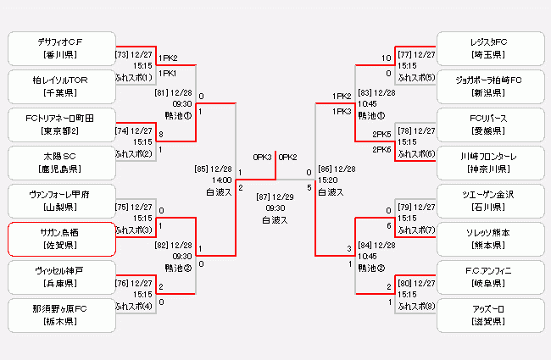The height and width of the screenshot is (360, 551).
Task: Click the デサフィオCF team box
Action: click(x=60, y=48)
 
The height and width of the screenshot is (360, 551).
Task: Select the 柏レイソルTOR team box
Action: click(x=60, y=86)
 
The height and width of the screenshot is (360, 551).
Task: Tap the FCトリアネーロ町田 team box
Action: click(x=60, y=125)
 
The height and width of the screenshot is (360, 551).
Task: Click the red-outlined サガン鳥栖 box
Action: click(x=60, y=239)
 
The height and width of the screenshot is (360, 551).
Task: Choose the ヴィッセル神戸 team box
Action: click(x=60, y=277)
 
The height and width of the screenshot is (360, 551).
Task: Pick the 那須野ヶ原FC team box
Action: click(x=60, y=315)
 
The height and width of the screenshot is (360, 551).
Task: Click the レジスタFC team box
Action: click(x=489, y=48)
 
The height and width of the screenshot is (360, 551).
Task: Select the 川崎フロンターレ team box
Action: click(x=489, y=163)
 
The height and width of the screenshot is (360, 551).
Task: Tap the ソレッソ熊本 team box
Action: click(x=489, y=239)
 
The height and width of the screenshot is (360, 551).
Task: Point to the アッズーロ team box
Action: click(x=489, y=315)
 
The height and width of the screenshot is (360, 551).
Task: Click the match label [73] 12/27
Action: click(x=134, y=54)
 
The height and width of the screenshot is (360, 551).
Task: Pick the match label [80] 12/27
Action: click(x=416, y=283)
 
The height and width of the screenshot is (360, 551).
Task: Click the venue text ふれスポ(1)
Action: click(x=134, y=77)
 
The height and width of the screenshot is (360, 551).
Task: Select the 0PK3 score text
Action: click(x=262, y=157)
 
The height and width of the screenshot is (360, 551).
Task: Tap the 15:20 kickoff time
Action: click(x=327, y=180)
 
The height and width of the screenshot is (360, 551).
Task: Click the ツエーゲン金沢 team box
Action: click(x=489, y=201)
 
